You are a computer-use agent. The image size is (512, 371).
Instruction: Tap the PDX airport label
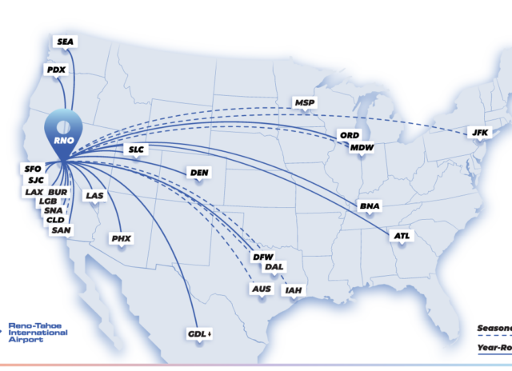(56, 70)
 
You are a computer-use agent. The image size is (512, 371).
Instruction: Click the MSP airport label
(304, 103)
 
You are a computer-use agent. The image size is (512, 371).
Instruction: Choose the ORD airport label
(349, 135)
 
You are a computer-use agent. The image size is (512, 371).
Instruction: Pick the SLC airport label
(137, 150)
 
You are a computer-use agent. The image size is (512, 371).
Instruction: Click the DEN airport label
(198, 172)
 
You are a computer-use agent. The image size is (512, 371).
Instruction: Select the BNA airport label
(370, 206)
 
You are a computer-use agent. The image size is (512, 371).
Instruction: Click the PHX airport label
(122, 238)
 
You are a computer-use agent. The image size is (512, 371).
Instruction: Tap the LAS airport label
(94, 195)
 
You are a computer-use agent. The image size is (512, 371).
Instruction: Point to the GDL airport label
(198, 333)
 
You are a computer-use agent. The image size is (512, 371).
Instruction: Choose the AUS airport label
(261, 289)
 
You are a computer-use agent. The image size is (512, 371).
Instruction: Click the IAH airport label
(294, 289)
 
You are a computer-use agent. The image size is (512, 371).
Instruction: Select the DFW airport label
(262, 257)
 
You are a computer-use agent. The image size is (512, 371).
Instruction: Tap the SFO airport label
(32, 169)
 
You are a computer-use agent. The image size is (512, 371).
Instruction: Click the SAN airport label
(61, 230)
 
